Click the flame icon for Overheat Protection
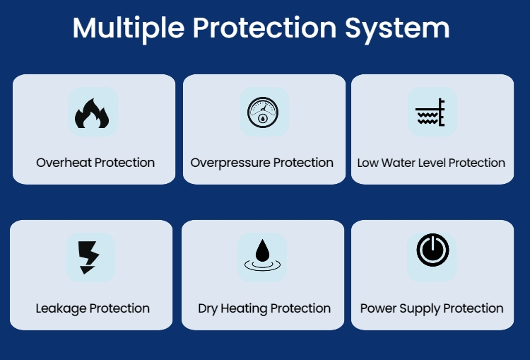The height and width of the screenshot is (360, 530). point(92,114)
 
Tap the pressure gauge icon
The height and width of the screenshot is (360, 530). point(263,112)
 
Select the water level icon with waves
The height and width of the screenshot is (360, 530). point(430,112)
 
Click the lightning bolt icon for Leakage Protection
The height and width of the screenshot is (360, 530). point(88,257)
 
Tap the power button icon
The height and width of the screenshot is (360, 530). point(432,250)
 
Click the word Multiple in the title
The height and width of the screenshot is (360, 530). point(129,28)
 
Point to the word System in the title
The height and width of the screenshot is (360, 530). point(397,29)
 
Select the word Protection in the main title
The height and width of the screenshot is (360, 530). point(265,28)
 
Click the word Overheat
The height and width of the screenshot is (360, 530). point(64,163)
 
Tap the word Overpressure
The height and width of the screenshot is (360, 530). point(230,163)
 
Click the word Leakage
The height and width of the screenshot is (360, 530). point(61,309)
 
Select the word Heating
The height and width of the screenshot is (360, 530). point(244,309)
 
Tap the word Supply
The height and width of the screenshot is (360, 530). point(420,309)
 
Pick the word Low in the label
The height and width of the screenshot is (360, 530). point(367,163)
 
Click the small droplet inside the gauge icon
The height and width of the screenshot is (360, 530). point(263,118)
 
